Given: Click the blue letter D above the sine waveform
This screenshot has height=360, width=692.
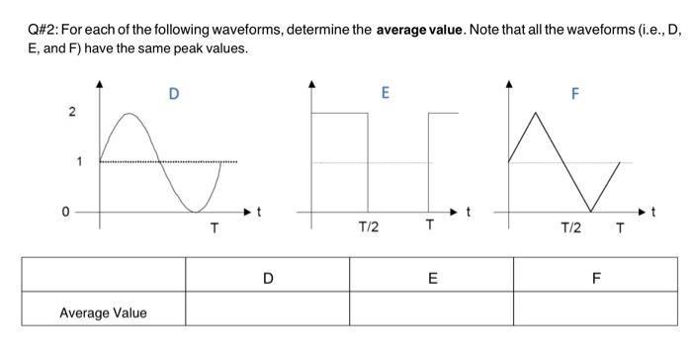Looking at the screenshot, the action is coord(174,95).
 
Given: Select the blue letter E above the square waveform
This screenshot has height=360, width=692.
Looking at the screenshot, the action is coord(386,93).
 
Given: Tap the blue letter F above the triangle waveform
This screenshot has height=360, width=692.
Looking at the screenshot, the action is coord(574,95).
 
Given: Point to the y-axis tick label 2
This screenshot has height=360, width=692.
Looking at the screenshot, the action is coord(70,112).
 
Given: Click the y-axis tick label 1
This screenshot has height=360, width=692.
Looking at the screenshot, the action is coord(70,161).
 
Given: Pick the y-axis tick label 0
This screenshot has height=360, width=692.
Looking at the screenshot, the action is coord(66,212).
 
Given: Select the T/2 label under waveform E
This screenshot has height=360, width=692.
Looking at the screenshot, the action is coord(368,227).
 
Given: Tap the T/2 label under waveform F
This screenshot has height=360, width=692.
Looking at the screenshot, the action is coord(570,229).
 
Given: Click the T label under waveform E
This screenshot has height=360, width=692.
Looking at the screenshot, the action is coord(428,226).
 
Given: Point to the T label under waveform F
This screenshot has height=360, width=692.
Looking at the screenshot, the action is coord(620,229).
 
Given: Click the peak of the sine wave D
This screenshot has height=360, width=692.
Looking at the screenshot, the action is coord(130,114).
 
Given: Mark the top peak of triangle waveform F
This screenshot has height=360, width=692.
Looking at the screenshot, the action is coord(535,113).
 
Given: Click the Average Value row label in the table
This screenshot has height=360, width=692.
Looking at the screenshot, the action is coord(103,313).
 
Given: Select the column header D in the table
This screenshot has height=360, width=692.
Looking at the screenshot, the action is coord(267,278).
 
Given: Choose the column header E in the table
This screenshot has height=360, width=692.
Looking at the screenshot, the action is coord(432,278).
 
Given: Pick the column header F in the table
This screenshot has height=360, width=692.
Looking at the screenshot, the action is coord(595,278).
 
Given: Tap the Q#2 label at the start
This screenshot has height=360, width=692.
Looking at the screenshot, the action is coord(43,31).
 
